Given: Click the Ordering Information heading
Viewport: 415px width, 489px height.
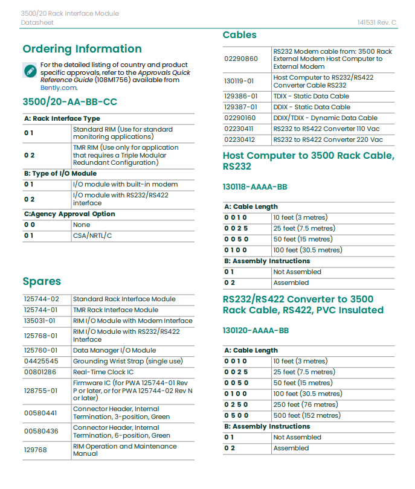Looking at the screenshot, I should coord(82,50).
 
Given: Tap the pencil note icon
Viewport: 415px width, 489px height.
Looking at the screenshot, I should coord(30,70).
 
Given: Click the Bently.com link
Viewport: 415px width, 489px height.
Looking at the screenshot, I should coord(59,88).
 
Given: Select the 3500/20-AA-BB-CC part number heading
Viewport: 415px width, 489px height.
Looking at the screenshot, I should coord(69,102).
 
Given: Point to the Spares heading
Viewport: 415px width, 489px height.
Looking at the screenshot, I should coord(42,281).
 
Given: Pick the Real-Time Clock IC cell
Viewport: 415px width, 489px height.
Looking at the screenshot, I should coord(103,372).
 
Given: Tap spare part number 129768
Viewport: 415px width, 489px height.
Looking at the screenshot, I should coord(35,450).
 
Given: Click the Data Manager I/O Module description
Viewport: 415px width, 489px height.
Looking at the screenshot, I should coord(114,350).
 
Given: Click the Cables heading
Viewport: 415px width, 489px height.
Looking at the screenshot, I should coord(239,35).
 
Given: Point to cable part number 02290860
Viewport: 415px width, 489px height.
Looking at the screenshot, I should coord(240,59).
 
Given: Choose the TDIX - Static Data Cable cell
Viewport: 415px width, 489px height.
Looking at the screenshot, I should coord(311,96).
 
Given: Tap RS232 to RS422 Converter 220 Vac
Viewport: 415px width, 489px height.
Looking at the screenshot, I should coord(327,139).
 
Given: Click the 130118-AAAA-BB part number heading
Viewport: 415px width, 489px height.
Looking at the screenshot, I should coord(255,187).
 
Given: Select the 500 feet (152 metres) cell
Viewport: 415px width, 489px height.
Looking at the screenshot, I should coord(306,415).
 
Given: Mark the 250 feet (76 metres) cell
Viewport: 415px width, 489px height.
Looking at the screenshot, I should coord(305,404).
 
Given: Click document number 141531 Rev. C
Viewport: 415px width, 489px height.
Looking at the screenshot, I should coord(376,22).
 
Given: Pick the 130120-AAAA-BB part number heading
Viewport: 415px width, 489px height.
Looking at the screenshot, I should coord(256,331).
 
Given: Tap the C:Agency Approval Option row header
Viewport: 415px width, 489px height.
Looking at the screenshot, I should coord(69,214).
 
